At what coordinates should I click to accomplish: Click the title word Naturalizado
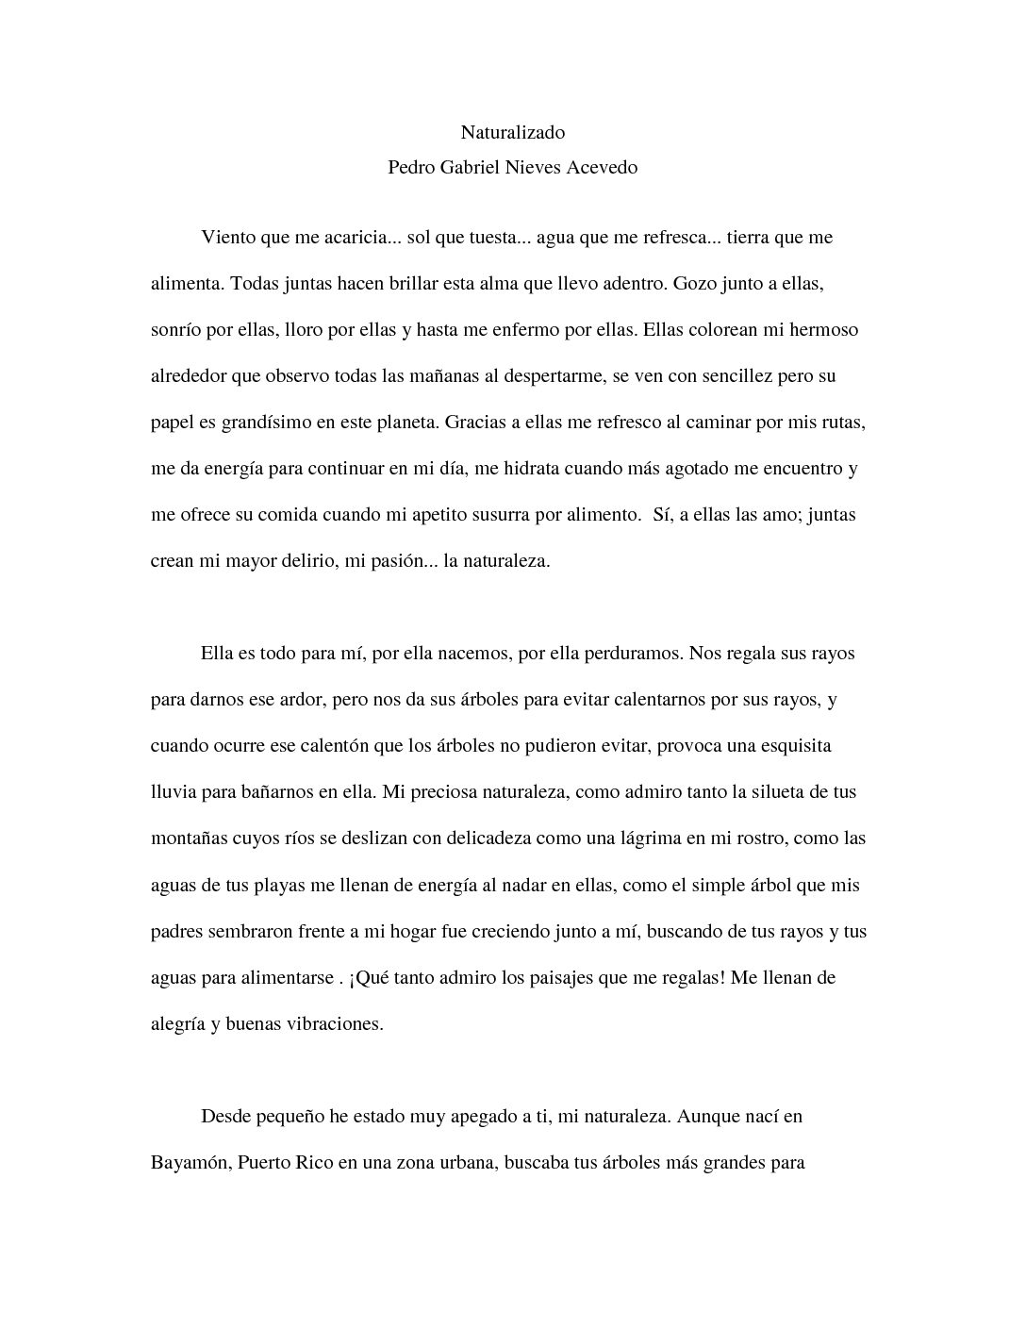tap(512, 133)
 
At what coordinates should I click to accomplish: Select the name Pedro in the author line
tap(411, 168)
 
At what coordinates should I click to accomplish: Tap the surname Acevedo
tap(601, 168)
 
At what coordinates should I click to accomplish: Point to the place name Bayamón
tap(189, 1163)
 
